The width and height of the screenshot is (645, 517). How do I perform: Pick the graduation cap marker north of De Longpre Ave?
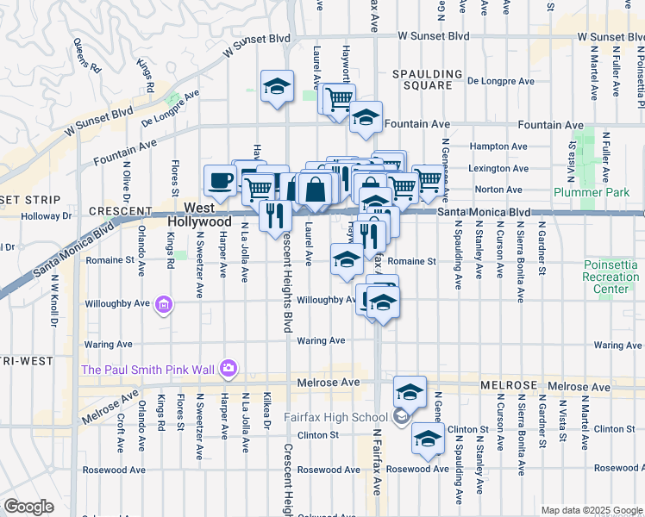pyautogui.click(x=277, y=86)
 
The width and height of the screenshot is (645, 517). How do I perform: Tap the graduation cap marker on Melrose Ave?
pyautogui.click(x=410, y=392)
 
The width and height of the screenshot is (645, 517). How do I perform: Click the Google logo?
pyautogui.click(x=28, y=507)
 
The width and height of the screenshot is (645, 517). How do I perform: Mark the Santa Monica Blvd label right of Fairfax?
pyautogui.click(x=483, y=212)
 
